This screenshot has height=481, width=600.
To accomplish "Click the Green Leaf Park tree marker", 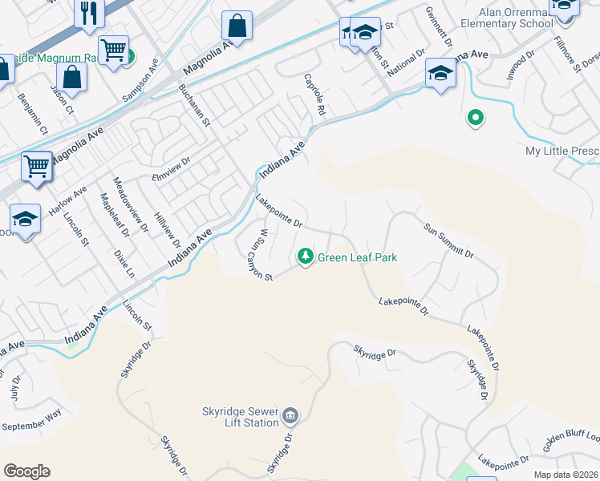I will click(x=305, y=257).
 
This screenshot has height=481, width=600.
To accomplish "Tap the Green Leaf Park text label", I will click(x=358, y=257).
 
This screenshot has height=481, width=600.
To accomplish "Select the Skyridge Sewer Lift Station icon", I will click(x=290, y=416).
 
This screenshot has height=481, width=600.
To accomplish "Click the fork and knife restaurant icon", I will click(x=88, y=13).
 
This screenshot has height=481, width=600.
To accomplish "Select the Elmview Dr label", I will click(x=171, y=172).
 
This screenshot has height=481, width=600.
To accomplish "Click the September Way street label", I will click(x=33, y=419).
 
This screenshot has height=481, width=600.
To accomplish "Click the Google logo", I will click(x=26, y=471).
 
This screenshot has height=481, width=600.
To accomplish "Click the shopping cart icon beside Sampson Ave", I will click(x=114, y=50).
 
